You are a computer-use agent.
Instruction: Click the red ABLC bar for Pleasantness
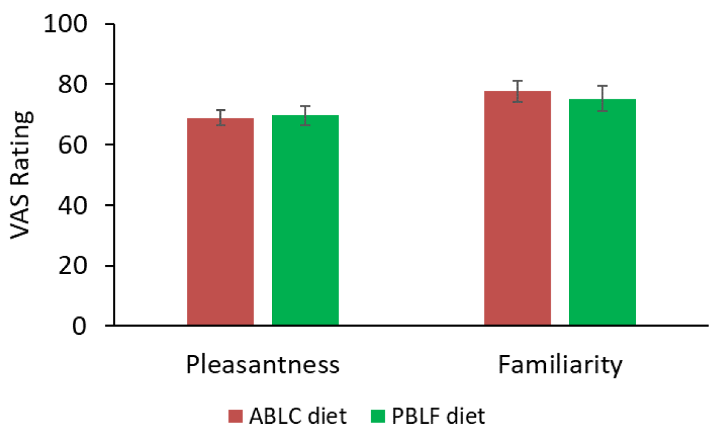tap(220, 221)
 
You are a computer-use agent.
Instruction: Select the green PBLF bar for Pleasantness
tap(305, 220)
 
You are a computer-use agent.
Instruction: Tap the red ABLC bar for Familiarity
tap(518, 208)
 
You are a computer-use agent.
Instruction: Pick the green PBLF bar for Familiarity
tap(602, 212)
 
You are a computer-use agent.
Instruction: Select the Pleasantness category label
tap(263, 365)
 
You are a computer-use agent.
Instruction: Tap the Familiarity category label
tap(560, 365)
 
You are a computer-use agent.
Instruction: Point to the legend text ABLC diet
tap(298, 416)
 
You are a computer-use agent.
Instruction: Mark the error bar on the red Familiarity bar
tap(518, 91)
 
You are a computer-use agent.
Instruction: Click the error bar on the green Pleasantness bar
tap(305, 115)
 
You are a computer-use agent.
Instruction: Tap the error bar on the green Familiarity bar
tap(602, 98)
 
